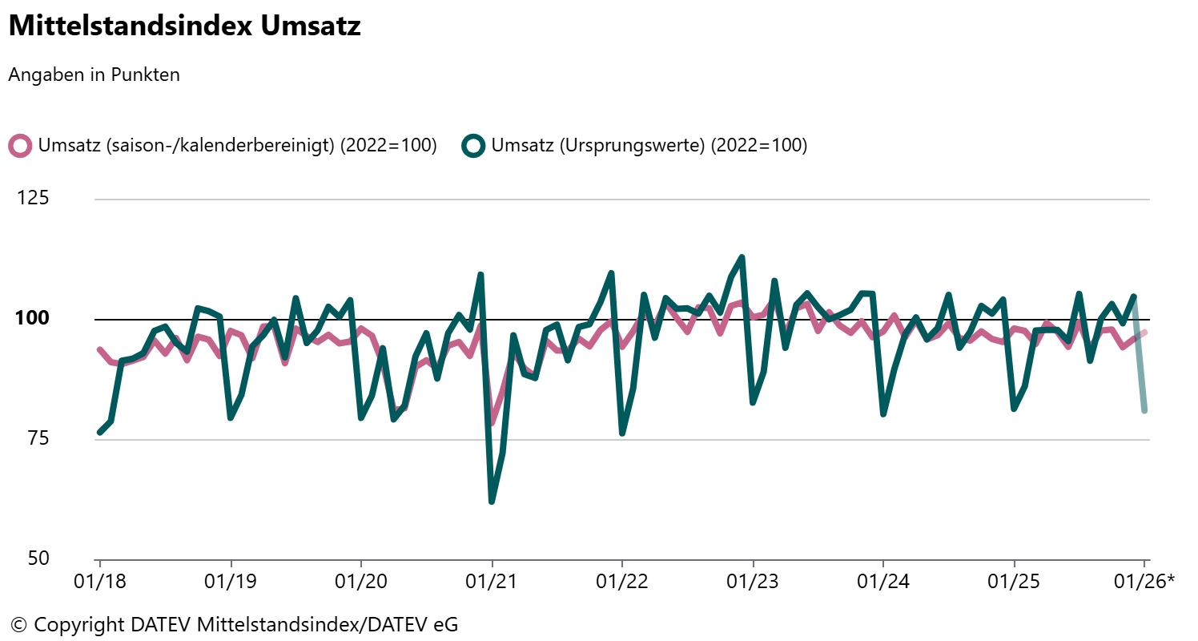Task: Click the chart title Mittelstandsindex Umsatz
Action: (184, 26)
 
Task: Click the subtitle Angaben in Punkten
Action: (94, 75)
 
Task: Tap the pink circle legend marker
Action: (20, 146)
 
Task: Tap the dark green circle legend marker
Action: (474, 146)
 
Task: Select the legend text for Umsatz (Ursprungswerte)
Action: (649, 146)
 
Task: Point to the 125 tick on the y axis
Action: (33, 198)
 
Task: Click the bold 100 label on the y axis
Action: (33, 319)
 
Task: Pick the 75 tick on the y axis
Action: (39, 439)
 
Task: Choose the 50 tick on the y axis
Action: (39, 558)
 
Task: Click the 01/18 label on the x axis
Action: (100, 581)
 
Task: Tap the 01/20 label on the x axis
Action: (361, 581)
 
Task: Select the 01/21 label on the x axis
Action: (492, 581)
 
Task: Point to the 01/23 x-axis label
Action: (753, 581)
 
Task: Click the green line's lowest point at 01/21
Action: (491, 502)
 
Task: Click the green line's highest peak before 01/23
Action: (742, 257)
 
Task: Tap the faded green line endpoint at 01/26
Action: (1145, 410)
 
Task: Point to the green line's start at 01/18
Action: (100, 432)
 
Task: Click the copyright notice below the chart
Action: (234, 624)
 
